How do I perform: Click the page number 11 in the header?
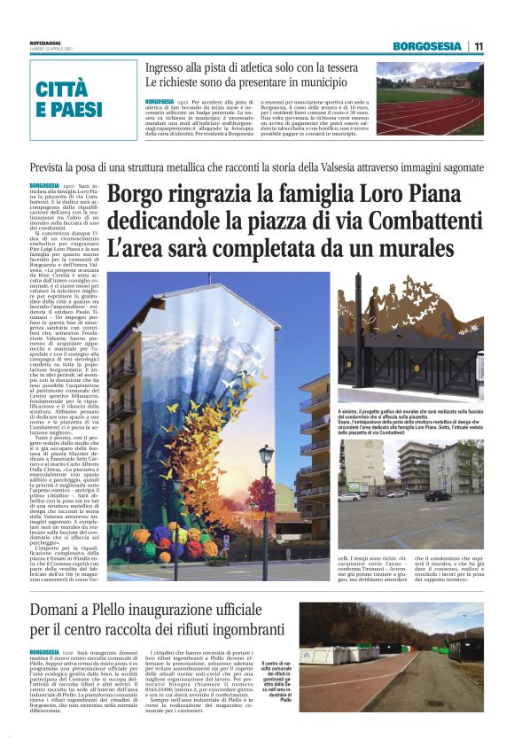(479, 46)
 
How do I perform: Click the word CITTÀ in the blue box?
(62, 89)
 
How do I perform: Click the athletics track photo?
(430, 97)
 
